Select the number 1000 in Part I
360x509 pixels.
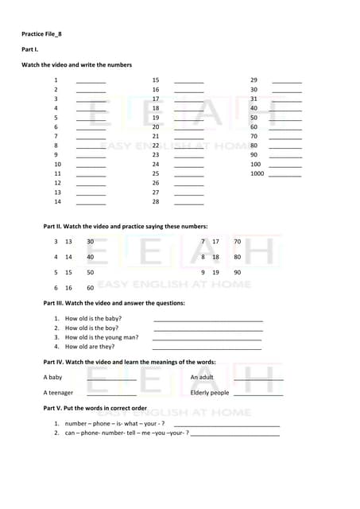click(257, 173)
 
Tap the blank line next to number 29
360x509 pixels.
click(287, 82)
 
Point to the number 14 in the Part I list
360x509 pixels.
click(57, 201)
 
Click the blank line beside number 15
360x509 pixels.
click(188, 82)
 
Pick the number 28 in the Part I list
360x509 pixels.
click(156, 201)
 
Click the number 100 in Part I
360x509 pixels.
click(255, 164)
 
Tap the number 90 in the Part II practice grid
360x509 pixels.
click(237, 272)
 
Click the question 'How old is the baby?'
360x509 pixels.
click(93, 318)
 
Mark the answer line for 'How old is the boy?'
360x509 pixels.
click(207, 329)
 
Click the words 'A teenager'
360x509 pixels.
click(58, 392)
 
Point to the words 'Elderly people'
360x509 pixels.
click(210, 392)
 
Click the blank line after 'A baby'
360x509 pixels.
click(111, 379)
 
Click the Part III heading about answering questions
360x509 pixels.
click(114, 303)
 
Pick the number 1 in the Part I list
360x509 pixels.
click(56, 80)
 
